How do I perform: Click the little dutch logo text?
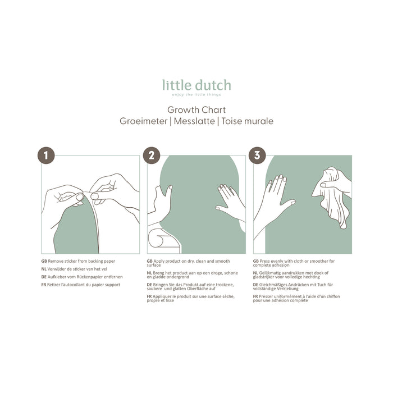click(196, 85)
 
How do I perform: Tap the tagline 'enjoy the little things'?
click(196, 95)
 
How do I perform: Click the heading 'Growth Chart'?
click(196, 110)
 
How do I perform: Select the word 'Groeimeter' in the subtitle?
click(143, 121)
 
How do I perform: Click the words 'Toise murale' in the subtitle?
click(247, 121)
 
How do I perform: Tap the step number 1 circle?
click(45, 156)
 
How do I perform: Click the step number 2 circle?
click(151, 156)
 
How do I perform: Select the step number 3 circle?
click(257, 156)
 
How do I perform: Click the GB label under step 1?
click(44, 261)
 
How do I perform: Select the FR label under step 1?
click(44, 285)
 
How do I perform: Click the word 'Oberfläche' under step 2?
click(200, 289)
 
